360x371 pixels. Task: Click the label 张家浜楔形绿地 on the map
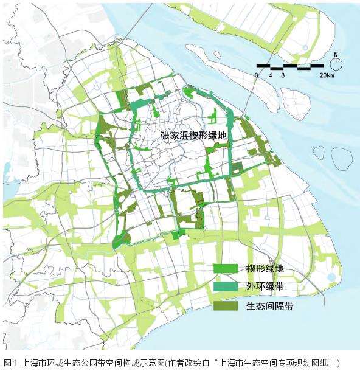point(193,137)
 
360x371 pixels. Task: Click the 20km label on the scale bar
point(326,75)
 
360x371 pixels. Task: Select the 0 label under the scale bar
point(257,75)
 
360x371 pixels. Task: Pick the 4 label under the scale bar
point(270,75)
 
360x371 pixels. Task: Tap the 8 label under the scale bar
point(283,75)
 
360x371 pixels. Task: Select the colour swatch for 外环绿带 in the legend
point(224,286)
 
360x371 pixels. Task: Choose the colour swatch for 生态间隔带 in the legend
point(224,306)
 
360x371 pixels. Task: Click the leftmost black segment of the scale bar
point(263,65)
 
